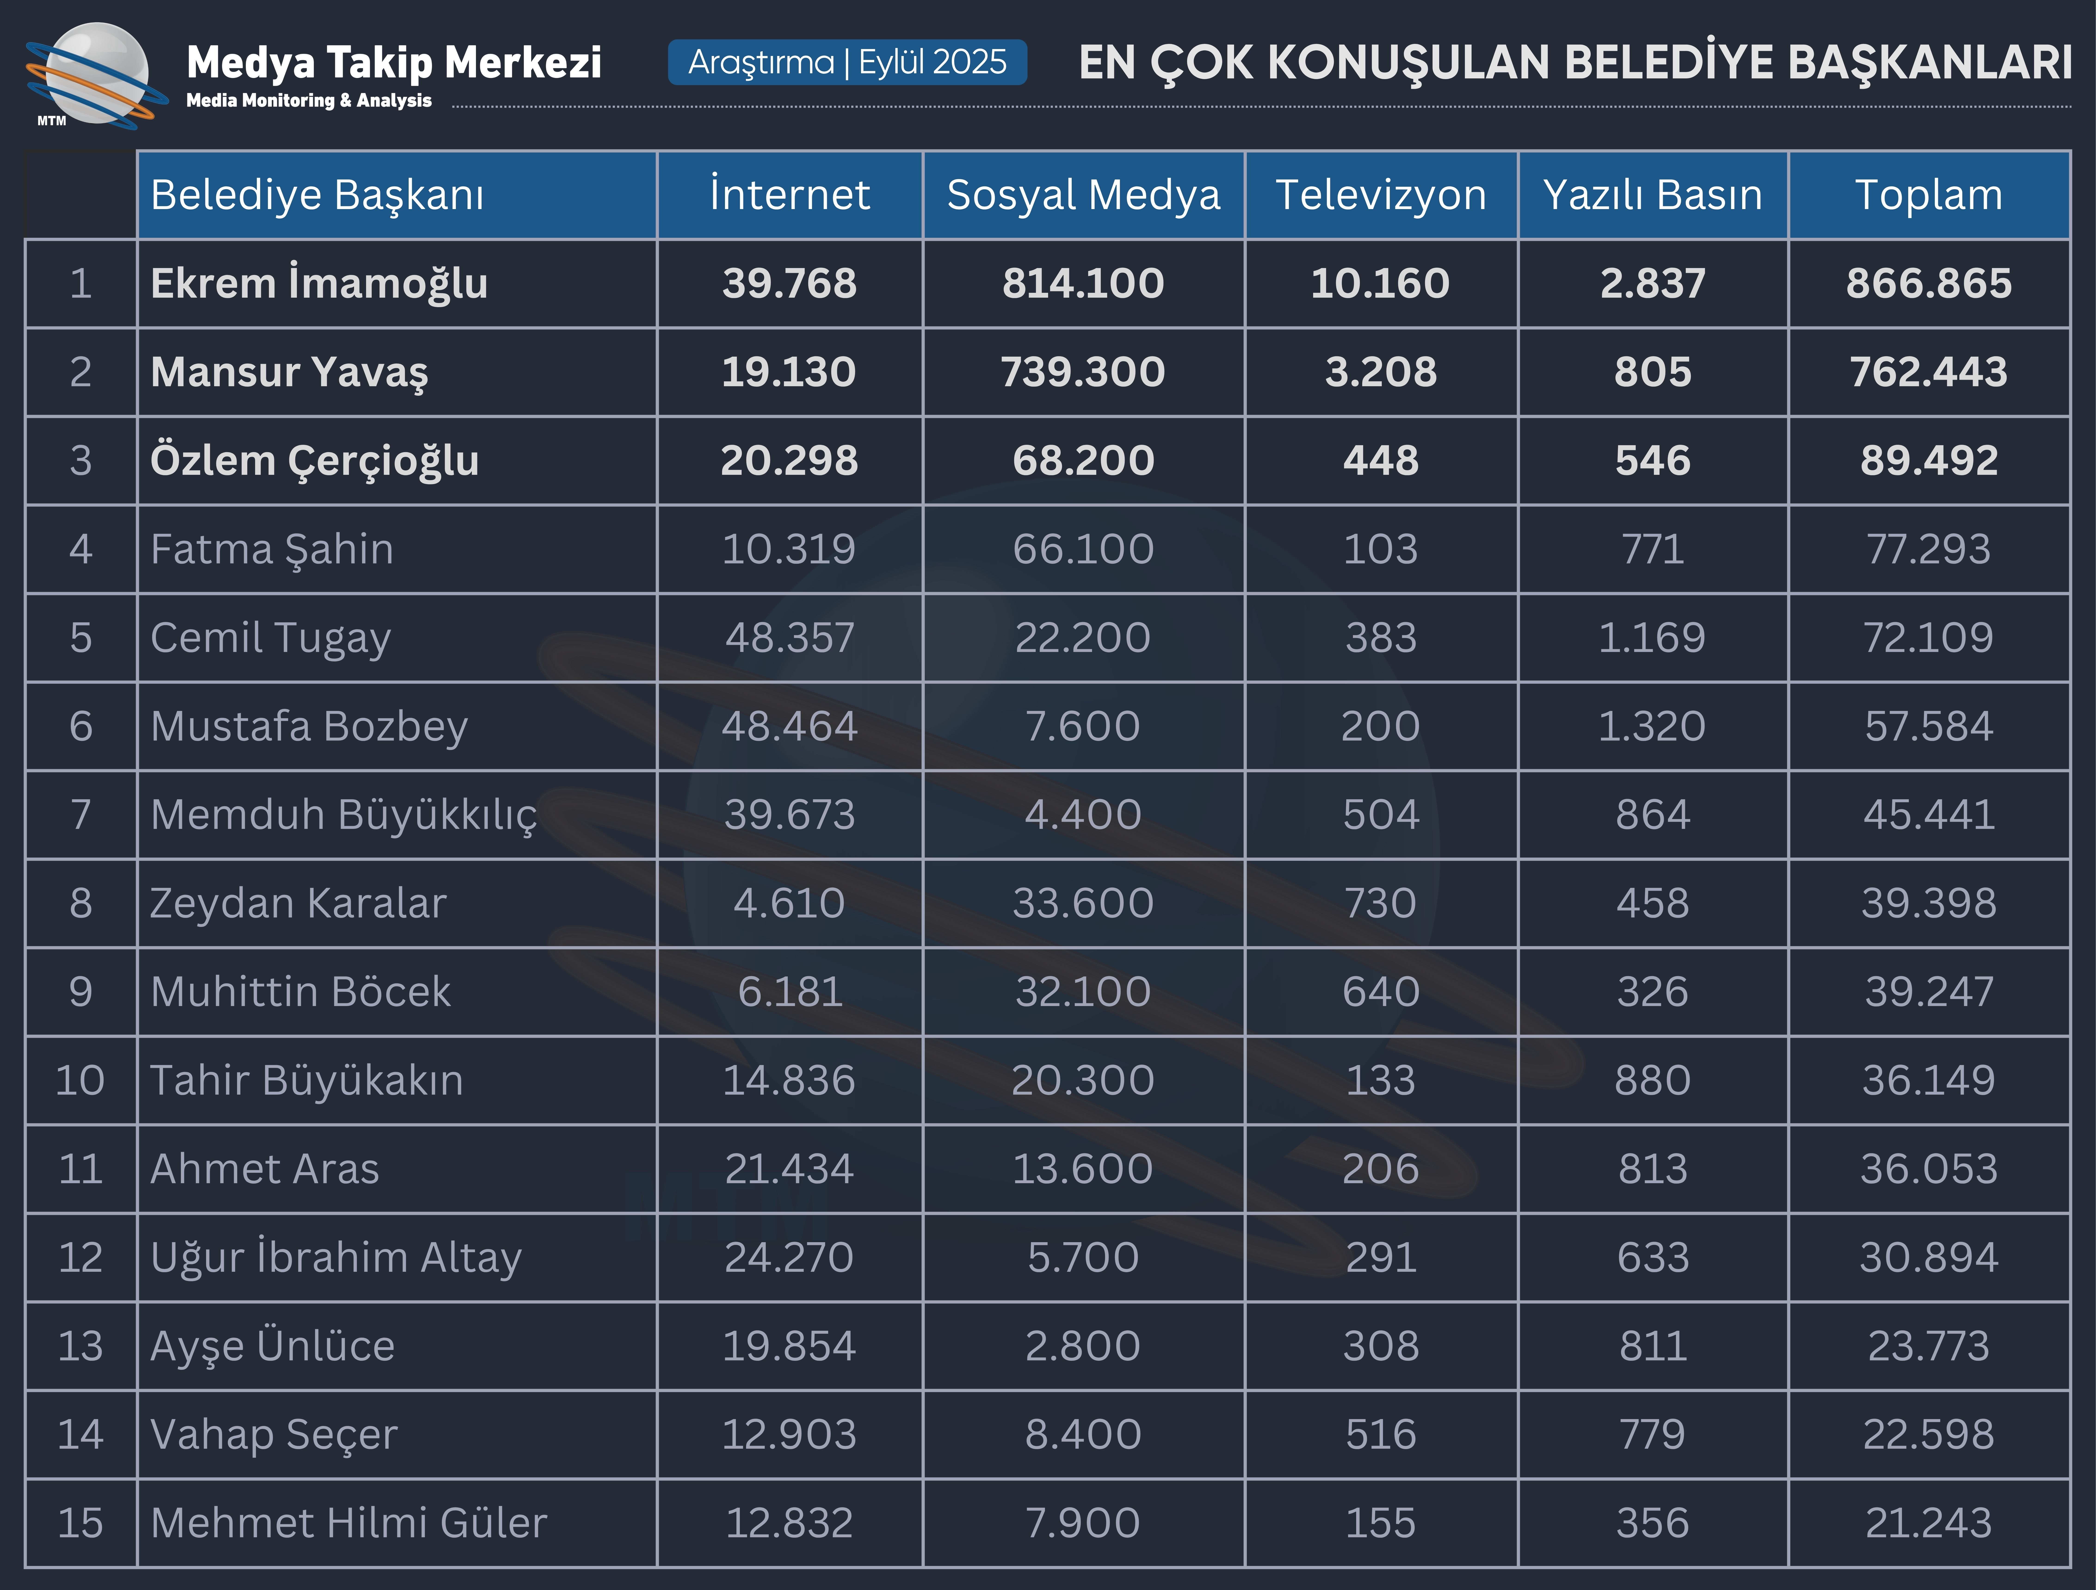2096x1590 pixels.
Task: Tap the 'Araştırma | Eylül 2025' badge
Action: pos(847,62)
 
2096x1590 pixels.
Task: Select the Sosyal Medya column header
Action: pos(1083,195)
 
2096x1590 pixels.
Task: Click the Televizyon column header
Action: pos(1381,195)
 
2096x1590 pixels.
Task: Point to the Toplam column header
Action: pos(1928,195)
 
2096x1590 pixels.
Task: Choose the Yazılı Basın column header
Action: pos(1653,195)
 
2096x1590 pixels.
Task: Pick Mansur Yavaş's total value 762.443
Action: pos(1928,371)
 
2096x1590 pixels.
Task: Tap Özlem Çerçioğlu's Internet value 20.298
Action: pos(789,460)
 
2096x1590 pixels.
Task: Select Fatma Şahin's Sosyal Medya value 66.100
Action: pos(1083,549)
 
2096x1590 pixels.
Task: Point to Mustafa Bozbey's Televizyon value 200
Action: pos(1381,726)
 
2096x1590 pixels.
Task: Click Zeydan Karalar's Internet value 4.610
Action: pos(789,903)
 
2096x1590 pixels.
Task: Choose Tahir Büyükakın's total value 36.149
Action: pos(1928,1080)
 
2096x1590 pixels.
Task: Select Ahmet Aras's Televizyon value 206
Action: pos(1381,1168)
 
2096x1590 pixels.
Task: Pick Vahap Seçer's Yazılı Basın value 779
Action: pos(1653,1435)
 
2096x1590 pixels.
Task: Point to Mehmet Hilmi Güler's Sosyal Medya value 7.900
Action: pos(1083,1523)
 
